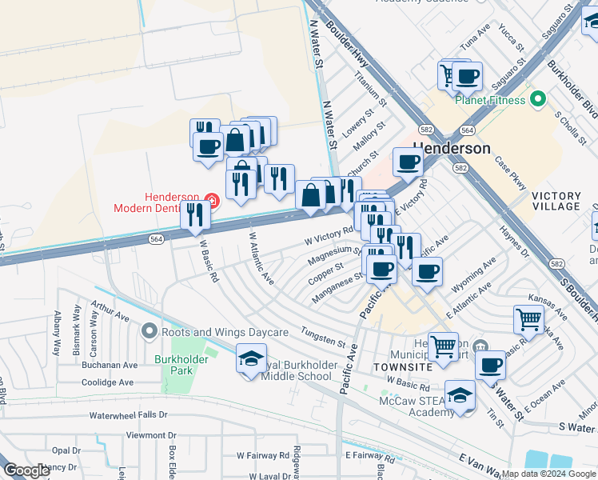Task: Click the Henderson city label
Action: [x=452, y=149]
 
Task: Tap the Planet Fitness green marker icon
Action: [x=538, y=100]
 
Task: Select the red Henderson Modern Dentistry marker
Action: [x=211, y=198]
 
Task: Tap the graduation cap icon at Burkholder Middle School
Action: [x=251, y=358]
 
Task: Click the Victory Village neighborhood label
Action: [x=567, y=201]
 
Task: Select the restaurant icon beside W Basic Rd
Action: [x=194, y=214]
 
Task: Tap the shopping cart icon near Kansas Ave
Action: [x=528, y=319]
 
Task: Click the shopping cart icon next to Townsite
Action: [x=443, y=347]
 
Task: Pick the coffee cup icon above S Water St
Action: [x=490, y=366]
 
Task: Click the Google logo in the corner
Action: [x=27, y=471]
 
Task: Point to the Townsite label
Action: [x=397, y=366]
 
